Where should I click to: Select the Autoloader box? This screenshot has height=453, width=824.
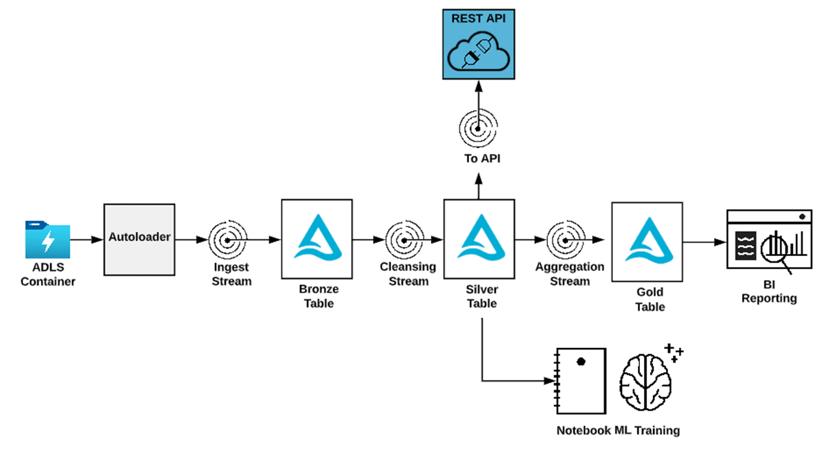(x=139, y=238)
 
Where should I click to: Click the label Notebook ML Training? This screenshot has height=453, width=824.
(x=618, y=430)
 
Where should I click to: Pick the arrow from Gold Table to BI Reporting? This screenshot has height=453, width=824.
(x=703, y=242)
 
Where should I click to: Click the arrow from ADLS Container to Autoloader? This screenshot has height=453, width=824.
(x=85, y=240)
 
